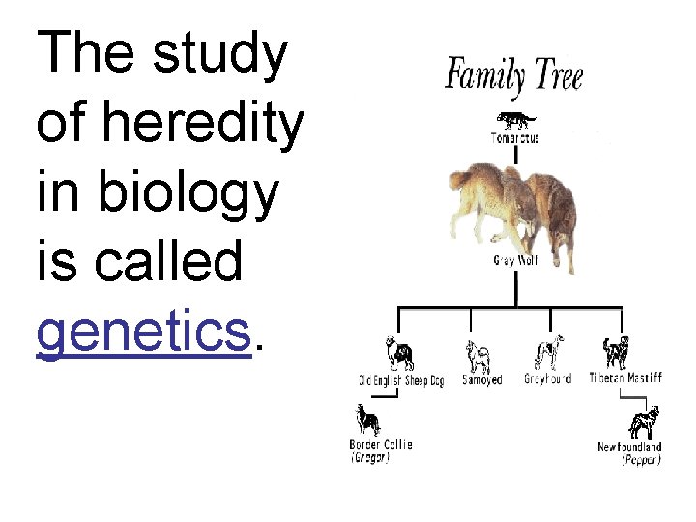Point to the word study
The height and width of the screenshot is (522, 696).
(221, 54)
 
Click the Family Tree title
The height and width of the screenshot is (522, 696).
(513, 74)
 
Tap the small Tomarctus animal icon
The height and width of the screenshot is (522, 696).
(514, 121)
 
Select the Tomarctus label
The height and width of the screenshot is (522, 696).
(515, 138)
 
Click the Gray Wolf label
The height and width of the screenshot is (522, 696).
(515, 261)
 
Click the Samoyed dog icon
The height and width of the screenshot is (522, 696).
(477, 355)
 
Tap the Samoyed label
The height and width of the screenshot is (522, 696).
(481, 380)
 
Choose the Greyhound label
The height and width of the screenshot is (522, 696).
(548, 379)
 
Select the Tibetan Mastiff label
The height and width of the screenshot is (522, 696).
(625, 378)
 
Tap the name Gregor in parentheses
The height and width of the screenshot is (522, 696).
(370, 459)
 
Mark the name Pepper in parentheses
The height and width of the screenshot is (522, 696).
(641, 461)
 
